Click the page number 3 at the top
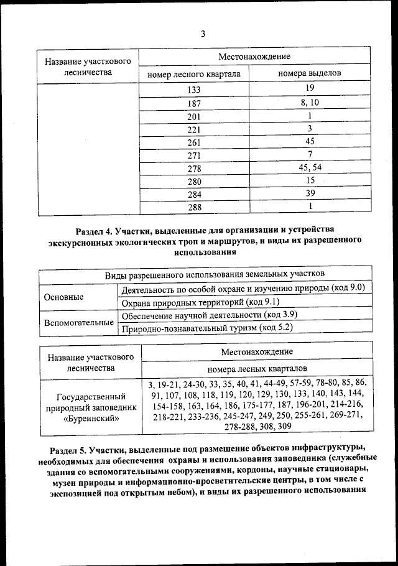click(202, 34)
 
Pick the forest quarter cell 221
click(194, 130)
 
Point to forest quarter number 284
click(194, 194)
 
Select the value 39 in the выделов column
click(310, 193)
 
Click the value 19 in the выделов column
click(310, 89)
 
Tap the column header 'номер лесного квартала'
click(193, 74)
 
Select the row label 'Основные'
click(64, 297)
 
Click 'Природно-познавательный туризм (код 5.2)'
click(206, 327)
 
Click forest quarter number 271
click(194, 155)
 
